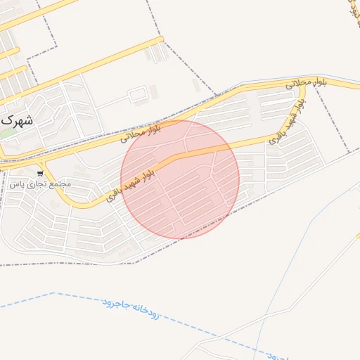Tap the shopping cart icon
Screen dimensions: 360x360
pos(41,172)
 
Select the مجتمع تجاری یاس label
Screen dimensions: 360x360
pos(40,184)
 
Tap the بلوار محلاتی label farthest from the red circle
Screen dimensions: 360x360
pos(304,82)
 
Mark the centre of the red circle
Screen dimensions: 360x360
pos(180,179)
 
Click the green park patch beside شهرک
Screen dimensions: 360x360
pos(8,132)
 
